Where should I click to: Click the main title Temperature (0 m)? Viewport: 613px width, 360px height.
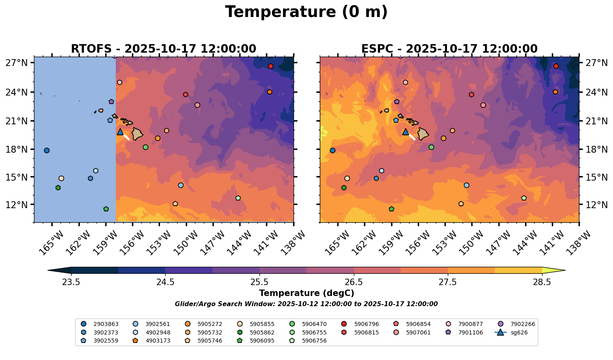(306, 12)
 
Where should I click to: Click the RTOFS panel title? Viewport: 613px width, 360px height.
(163, 49)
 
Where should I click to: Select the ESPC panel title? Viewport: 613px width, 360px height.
(449, 49)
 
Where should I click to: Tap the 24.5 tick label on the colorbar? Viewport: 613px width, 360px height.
(165, 282)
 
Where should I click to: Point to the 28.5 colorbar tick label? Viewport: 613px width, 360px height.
(542, 282)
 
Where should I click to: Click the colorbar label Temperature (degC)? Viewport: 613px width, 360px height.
(306, 293)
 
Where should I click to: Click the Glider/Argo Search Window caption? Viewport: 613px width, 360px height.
(306, 304)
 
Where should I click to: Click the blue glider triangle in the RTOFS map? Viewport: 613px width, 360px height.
(120, 132)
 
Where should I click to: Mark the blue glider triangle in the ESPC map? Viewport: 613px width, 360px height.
(406, 132)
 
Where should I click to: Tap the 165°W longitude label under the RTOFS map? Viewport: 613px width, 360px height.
(51, 243)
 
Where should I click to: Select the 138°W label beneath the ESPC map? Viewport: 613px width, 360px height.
(575, 243)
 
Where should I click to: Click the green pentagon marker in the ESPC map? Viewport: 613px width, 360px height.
(391, 209)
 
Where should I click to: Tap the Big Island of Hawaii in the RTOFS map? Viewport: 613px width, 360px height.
(137, 134)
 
